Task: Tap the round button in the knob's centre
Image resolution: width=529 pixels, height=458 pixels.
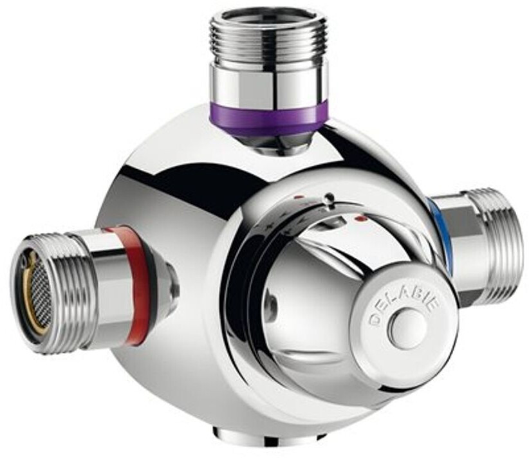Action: coord(408,329)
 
